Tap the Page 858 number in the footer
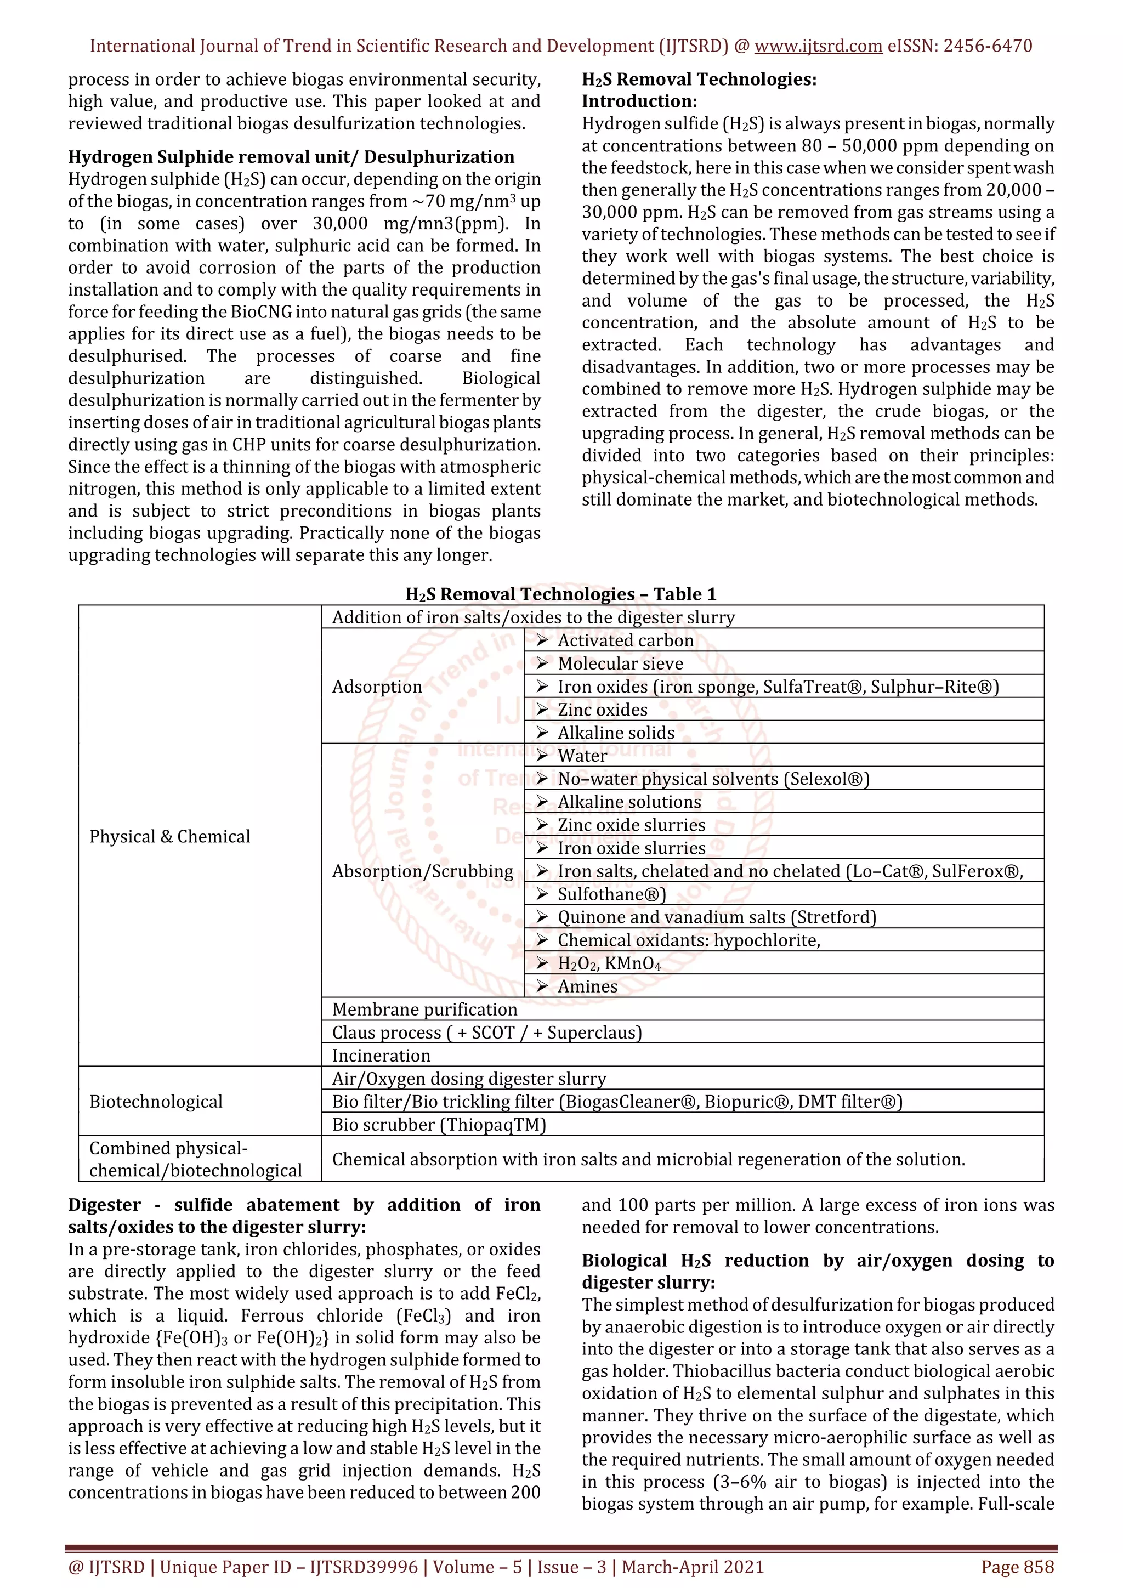point(1017,1567)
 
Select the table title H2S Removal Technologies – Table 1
point(561,594)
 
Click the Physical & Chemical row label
point(169,836)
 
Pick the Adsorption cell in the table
point(377,686)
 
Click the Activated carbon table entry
point(625,640)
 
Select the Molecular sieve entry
point(620,663)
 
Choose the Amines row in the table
point(588,986)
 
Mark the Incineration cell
point(381,1056)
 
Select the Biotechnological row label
point(156,1101)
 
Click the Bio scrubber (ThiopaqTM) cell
point(439,1125)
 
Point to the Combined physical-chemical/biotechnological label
point(195,1159)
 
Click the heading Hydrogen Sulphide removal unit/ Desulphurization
point(291,157)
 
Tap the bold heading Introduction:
point(639,101)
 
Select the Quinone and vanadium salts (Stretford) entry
point(716,917)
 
